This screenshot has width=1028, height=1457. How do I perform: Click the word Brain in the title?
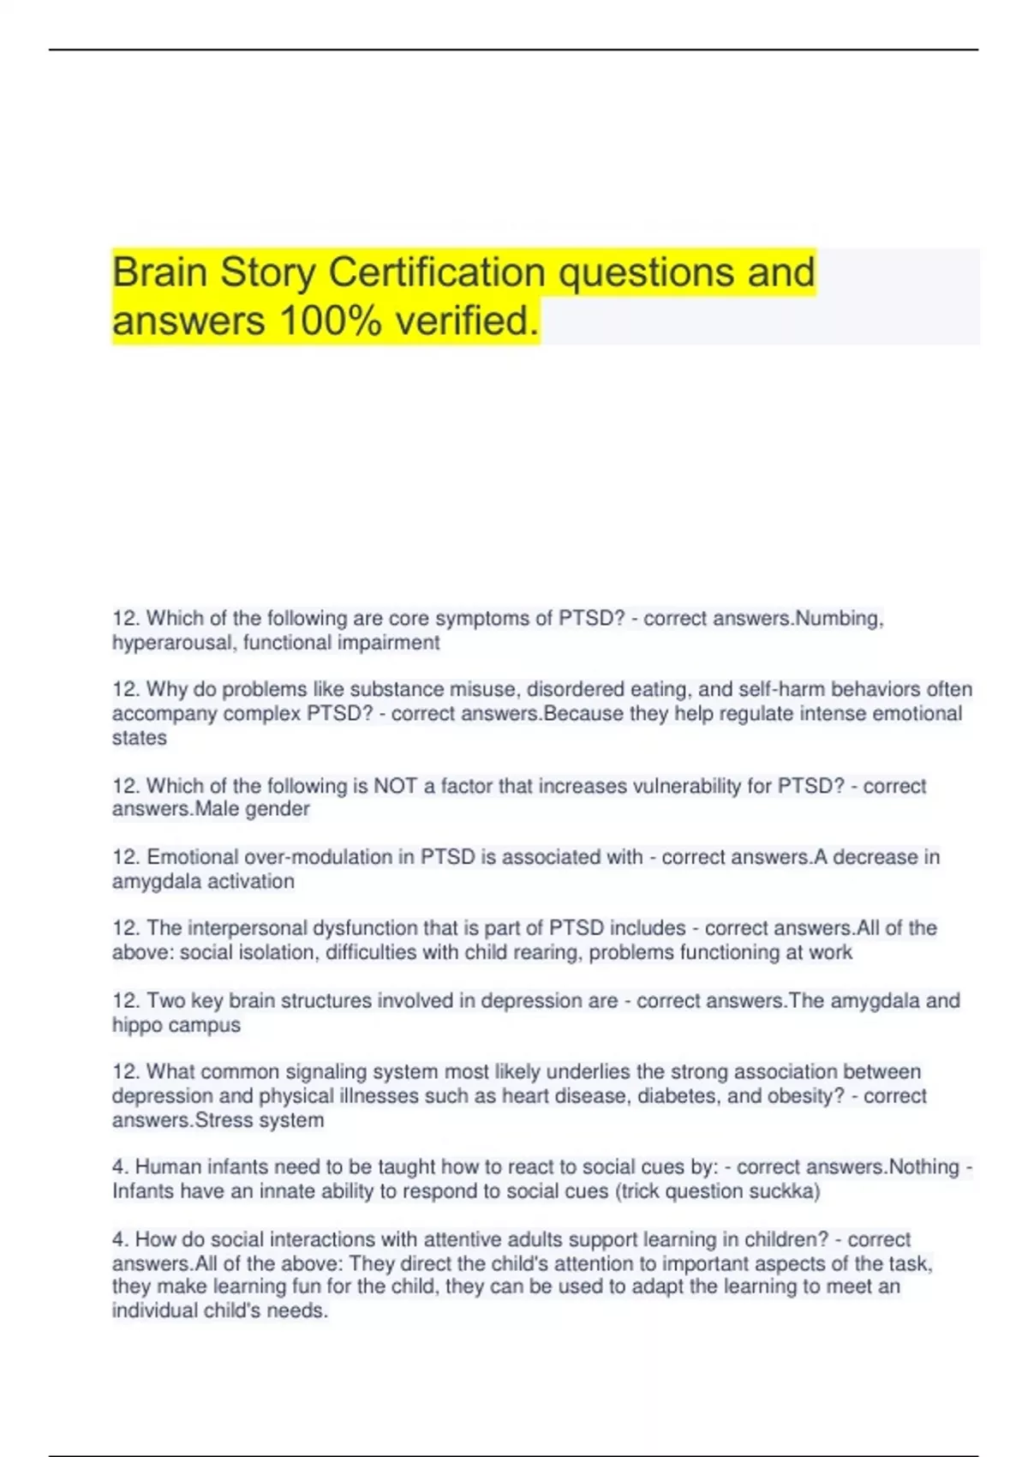click(x=160, y=273)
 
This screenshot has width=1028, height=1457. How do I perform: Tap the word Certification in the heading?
click(x=437, y=273)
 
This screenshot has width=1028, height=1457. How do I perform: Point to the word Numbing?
click(x=840, y=619)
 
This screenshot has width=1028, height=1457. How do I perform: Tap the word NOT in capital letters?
click(x=395, y=786)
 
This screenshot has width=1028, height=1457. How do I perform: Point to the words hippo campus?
click(x=176, y=1025)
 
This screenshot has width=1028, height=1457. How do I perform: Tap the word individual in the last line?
click(x=152, y=1310)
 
